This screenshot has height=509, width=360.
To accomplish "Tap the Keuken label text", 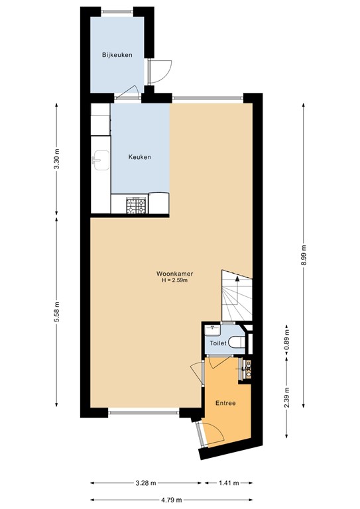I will click(139, 157).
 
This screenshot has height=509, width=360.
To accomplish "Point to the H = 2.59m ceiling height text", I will click(174, 281).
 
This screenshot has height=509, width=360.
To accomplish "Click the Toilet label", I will click(217, 344).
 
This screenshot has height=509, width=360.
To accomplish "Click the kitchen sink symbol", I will click(100, 160).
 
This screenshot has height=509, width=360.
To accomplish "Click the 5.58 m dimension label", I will click(56, 313).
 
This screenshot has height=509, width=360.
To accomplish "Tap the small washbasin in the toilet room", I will click(214, 328).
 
